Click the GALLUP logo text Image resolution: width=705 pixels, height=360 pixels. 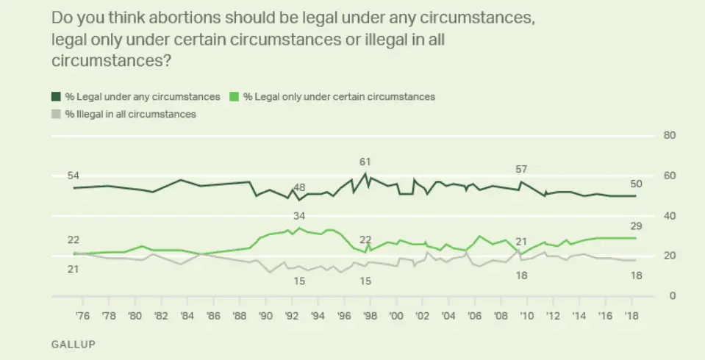[x=73, y=343]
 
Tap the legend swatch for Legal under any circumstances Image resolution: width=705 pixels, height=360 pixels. [x=57, y=96]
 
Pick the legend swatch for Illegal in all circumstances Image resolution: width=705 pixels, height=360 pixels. [x=57, y=114]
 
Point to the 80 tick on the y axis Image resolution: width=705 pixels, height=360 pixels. [x=670, y=136]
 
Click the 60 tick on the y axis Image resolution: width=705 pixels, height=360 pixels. [x=670, y=176]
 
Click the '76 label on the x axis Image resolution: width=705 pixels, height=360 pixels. [x=82, y=315]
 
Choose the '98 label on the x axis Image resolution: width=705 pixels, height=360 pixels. [x=370, y=315]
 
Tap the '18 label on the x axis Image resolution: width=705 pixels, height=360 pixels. [x=631, y=315]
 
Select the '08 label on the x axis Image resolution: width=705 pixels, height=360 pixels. [x=500, y=315]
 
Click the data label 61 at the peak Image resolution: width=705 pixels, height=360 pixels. [x=365, y=162]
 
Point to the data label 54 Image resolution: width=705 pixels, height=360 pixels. [x=73, y=176]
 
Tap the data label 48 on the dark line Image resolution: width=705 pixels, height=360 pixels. [x=299, y=187]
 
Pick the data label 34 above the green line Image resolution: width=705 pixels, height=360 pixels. [x=299, y=216]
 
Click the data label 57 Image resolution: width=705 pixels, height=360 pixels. [x=522, y=170]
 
